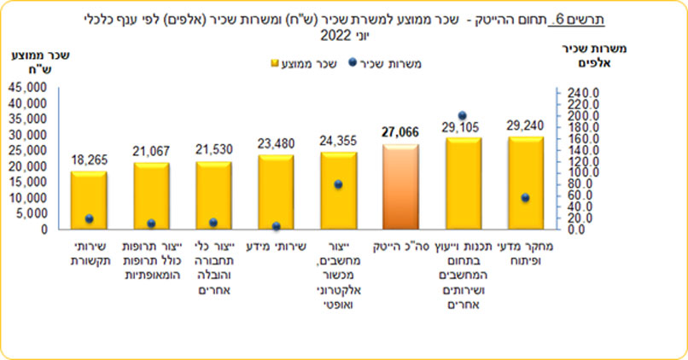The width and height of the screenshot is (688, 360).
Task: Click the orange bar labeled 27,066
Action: tap(400, 187)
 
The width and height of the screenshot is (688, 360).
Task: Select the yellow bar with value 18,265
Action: tap(89, 200)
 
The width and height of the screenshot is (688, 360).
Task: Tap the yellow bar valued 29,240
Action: tap(525, 183)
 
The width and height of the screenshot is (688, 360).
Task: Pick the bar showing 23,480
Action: tap(276, 192)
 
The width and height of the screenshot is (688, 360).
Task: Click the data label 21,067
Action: tap(151, 151)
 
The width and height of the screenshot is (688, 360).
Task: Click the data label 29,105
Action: tap(463, 125)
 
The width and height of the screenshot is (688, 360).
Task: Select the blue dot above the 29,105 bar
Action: tap(463, 115)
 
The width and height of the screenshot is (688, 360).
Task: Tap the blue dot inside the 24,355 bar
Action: tap(338, 184)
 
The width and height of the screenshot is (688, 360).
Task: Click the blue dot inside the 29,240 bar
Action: tap(525, 198)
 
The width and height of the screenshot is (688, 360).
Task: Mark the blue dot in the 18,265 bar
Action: tap(89, 219)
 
